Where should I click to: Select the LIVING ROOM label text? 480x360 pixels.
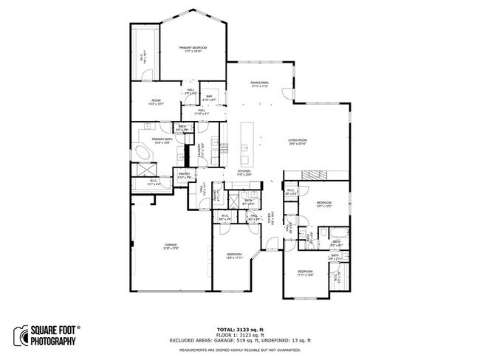click(297, 141)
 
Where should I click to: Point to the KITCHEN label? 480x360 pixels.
click(244, 172)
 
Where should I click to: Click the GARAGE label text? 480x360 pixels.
click(171, 246)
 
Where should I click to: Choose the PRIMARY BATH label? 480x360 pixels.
click(162, 141)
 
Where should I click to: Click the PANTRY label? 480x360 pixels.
click(184, 176)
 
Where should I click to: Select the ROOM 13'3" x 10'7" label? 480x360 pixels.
click(156, 102)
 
